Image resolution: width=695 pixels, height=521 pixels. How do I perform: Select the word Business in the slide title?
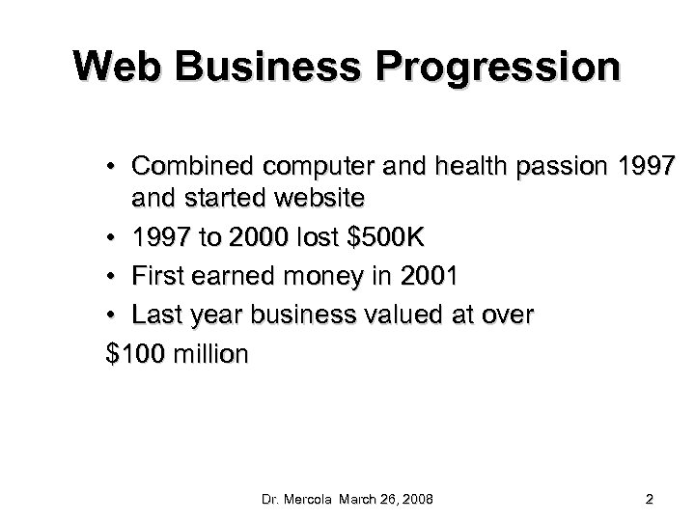[x=269, y=67]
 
